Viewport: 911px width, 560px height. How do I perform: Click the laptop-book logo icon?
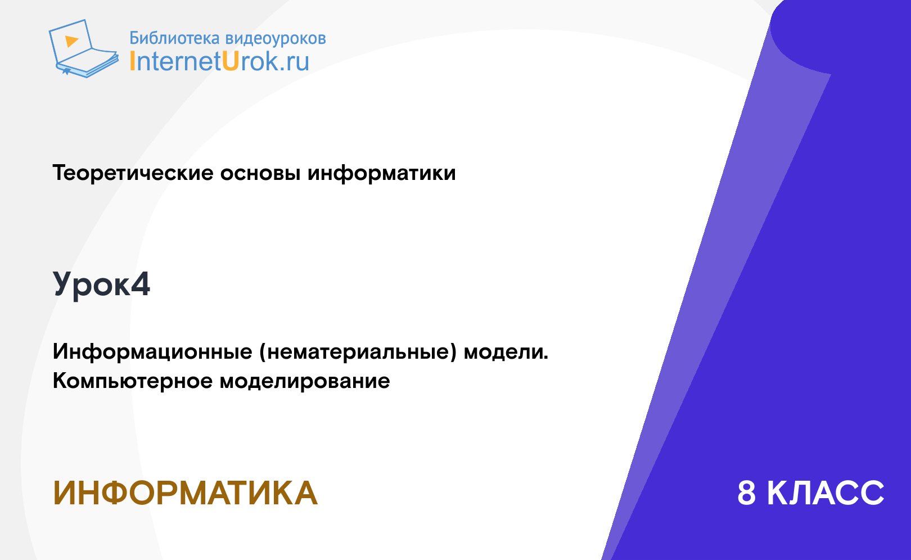coord(83,48)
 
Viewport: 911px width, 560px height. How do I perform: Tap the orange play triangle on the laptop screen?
coord(71,41)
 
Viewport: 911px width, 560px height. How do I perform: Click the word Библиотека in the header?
coord(174,38)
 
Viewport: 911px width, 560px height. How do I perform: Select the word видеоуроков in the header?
coord(276,38)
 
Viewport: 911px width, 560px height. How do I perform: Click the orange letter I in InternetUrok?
coord(132,61)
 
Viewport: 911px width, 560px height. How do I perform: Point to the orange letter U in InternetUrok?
coord(230,61)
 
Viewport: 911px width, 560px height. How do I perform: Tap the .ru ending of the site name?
coord(294,62)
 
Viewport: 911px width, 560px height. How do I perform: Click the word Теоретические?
coord(133,173)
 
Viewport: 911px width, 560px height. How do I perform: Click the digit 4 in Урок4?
coord(141,284)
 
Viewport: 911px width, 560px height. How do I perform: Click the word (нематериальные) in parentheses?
coord(358,352)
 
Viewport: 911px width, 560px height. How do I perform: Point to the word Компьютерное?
coord(133,381)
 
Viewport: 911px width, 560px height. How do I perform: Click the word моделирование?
coord(305,381)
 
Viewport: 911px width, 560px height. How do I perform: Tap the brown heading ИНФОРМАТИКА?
coord(185,493)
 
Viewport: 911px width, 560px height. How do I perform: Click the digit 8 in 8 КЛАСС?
coord(746,493)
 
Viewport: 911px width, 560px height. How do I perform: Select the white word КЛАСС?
coord(826,493)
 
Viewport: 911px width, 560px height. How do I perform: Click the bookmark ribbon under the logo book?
coord(66,71)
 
